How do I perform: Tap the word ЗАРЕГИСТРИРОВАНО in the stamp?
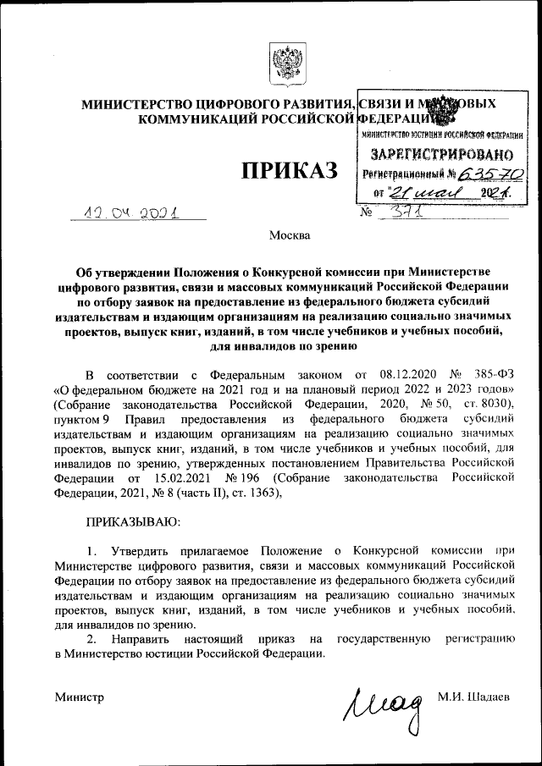441,155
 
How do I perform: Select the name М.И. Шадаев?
474,697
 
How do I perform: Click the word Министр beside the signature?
79,697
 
